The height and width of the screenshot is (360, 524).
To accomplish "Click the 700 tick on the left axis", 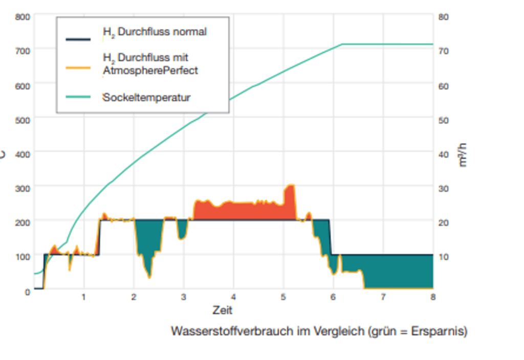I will pyautogui.click(x=24, y=50).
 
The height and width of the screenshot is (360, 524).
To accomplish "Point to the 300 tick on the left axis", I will pyautogui.click(x=24, y=188).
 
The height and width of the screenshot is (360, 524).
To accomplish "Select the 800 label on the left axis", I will pyautogui.click(x=24, y=17).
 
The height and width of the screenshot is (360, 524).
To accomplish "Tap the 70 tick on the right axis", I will pyautogui.click(x=444, y=51).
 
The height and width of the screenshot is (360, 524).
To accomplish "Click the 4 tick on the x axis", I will pyautogui.click(x=233, y=297).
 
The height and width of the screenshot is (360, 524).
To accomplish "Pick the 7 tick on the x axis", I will pyautogui.click(x=383, y=297).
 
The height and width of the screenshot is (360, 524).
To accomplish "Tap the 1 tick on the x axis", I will pyautogui.click(x=84, y=297).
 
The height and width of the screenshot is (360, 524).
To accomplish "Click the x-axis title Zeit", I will pyautogui.click(x=223, y=310).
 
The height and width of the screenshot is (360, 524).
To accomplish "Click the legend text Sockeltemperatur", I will pyautogui.click(x=146, y=97).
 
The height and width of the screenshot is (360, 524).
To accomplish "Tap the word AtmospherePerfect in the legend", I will pyautogui.click(x=150, y=71).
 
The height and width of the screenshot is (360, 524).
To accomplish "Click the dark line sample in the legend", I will pyautogui.click(x=78, y=38).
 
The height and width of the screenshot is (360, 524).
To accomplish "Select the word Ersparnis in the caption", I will pyautogui.click(x=440, y=331).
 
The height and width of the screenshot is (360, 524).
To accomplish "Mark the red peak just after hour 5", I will pyautogui.click(x=290, y=197).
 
